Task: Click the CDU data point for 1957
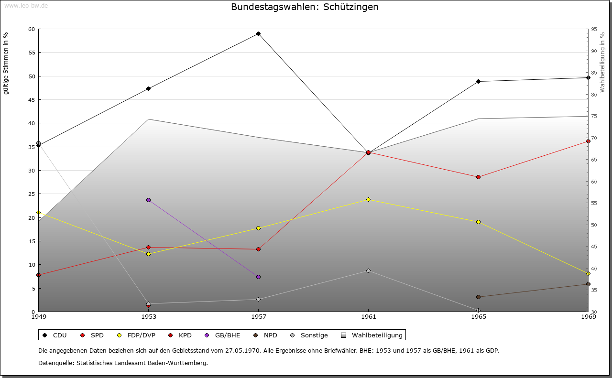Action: pos(259,34)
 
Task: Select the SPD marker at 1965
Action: pos(479,177)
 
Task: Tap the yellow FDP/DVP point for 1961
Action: pos(368,200)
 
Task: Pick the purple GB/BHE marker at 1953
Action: pos(148,200)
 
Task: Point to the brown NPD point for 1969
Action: pos(588,284)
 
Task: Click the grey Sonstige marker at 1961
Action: pos(368,271)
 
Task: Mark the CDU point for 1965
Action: pos(479,82)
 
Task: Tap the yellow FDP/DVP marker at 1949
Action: pos(39,213)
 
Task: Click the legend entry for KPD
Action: pos(180,335)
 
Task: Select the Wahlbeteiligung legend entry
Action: pos(372,335)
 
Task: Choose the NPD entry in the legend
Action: pos(265,335)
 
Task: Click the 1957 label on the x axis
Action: pos(259,317)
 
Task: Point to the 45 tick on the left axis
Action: pos(32,100)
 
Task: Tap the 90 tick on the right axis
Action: pos(594,51)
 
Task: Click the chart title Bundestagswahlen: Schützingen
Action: pos(305,7)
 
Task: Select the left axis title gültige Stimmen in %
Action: pos(6,64)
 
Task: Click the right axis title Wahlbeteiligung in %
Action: pos(602,62)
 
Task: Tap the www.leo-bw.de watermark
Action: pos(26,5)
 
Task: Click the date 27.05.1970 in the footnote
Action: pos(242,350)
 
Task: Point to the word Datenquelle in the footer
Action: pos(56,363)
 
